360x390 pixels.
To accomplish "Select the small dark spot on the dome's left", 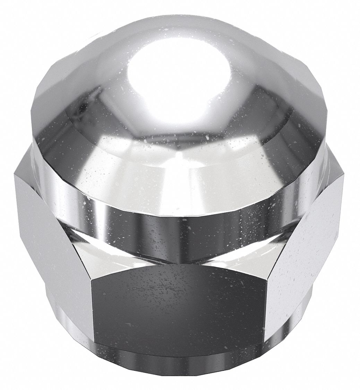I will (82, 110).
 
